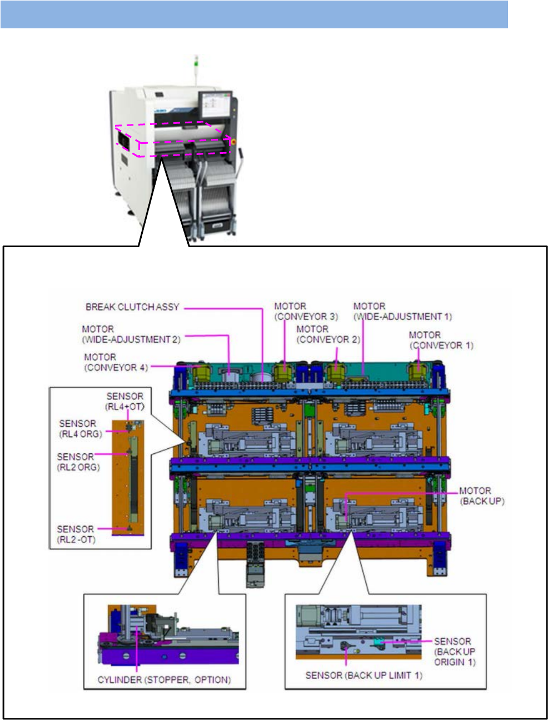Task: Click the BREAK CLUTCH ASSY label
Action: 132,307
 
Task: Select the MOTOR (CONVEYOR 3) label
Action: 306,311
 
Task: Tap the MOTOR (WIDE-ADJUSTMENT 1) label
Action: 402,311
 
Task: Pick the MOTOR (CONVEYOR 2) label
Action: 328,334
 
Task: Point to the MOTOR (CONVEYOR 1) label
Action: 441,340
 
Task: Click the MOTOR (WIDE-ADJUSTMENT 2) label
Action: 131,334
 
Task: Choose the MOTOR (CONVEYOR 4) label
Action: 116,362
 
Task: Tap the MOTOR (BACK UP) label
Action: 482,496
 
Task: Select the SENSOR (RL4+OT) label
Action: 124,402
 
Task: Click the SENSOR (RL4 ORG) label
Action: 81,429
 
